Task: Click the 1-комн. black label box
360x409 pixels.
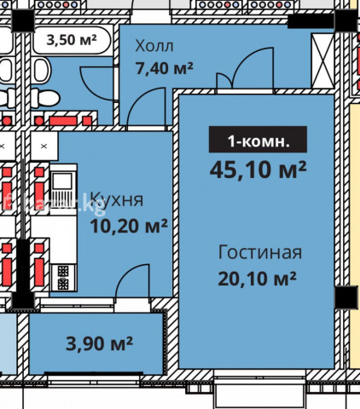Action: tap(258, 139)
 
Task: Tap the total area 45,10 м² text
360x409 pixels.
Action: tap(258, 170)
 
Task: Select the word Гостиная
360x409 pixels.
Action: tap(260, 252)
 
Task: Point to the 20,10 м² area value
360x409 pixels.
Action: tap(258, 278)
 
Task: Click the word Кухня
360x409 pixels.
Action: tap(117, 199)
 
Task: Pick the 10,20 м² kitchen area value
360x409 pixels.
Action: tap(129, 226)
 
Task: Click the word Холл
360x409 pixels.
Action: tap(154, 46)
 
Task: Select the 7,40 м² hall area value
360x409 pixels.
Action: tap(165, 68)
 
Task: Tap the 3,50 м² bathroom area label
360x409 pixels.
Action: tap(72, 39)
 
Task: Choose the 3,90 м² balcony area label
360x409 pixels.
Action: tap(99, 343)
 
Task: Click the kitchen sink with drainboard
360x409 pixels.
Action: tap(64, 184)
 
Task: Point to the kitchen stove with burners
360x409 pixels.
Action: tap(63, 277)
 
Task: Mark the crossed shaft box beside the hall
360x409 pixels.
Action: tap(322, 60)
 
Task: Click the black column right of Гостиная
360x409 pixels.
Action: tap(346, 297)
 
